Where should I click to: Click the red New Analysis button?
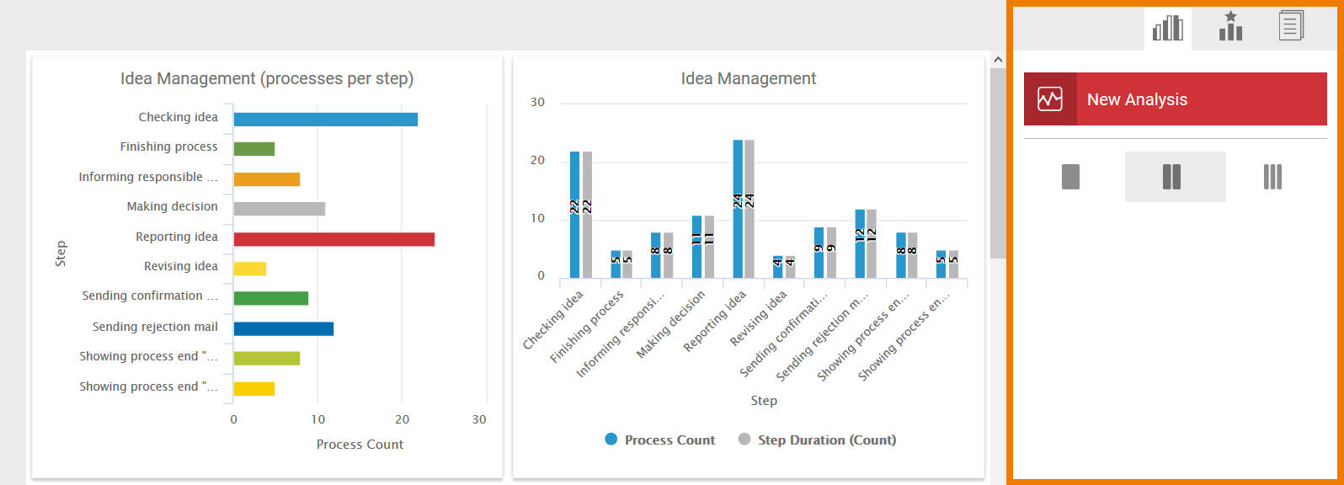coord(1175,99)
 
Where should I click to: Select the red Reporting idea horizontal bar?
coord(333,239)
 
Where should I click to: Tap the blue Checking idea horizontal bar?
coord(325,120)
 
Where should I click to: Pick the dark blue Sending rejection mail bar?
coord(283,328)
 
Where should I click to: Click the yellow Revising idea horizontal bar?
coord(249,269)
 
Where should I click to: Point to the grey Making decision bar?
coord(279,209)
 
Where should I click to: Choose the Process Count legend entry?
coord(659,440)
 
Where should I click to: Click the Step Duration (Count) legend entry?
coord(817,440)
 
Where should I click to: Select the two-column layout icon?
coord(1171,177)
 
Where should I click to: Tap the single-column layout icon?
coord(1070,177)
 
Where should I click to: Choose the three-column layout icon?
coord(1272,177)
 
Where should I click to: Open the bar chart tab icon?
coord(1167,28)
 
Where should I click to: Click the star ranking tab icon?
coord(1230,27)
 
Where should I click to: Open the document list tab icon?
coord(1290,26)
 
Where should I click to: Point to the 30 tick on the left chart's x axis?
coord(479,419)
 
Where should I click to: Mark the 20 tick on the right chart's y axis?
coord(537,161)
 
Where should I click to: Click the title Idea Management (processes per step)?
coord(267,78)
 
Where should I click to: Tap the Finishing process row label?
coord(168,147)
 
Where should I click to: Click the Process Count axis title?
coord(360,445)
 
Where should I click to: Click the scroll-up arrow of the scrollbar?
coord(998,60)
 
